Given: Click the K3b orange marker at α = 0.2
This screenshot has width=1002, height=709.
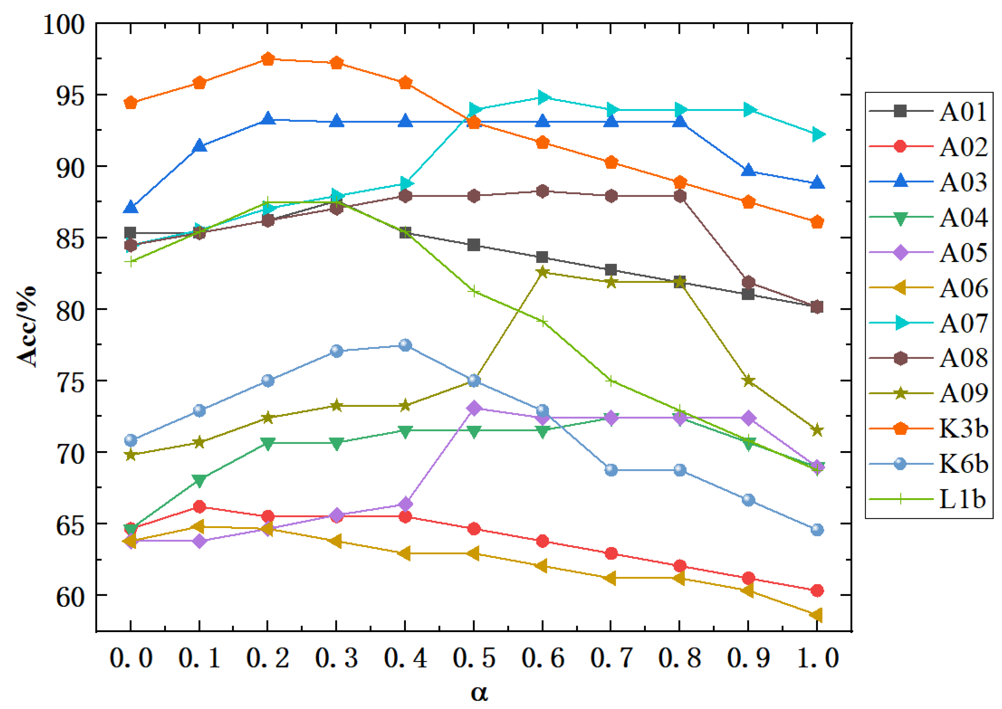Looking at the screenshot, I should pyautogui.click(x=268, y=59).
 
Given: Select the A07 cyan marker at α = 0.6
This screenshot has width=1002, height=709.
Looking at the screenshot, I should pyautogui.click(x=543, y=97).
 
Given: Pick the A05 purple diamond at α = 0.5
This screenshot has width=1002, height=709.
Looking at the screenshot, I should pyautogui.click(x=474, y=408).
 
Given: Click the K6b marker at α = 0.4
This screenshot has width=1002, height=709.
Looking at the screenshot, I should pyautogui.click(x=405, y=345).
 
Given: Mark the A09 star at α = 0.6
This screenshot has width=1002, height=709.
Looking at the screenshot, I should pyautogui.click(x=543, y=272).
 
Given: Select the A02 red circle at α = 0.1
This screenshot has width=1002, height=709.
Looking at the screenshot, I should pyautogui.click(x=199, y=507).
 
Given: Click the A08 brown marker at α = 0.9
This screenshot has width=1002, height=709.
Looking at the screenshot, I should pyautogui.click(x=749, y=282).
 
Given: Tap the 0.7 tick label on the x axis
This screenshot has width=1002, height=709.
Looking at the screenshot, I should pyautogui.click(x=611, y=658).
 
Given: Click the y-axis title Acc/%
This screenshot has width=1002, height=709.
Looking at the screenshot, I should pyautogui.click(x=27, y=326).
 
